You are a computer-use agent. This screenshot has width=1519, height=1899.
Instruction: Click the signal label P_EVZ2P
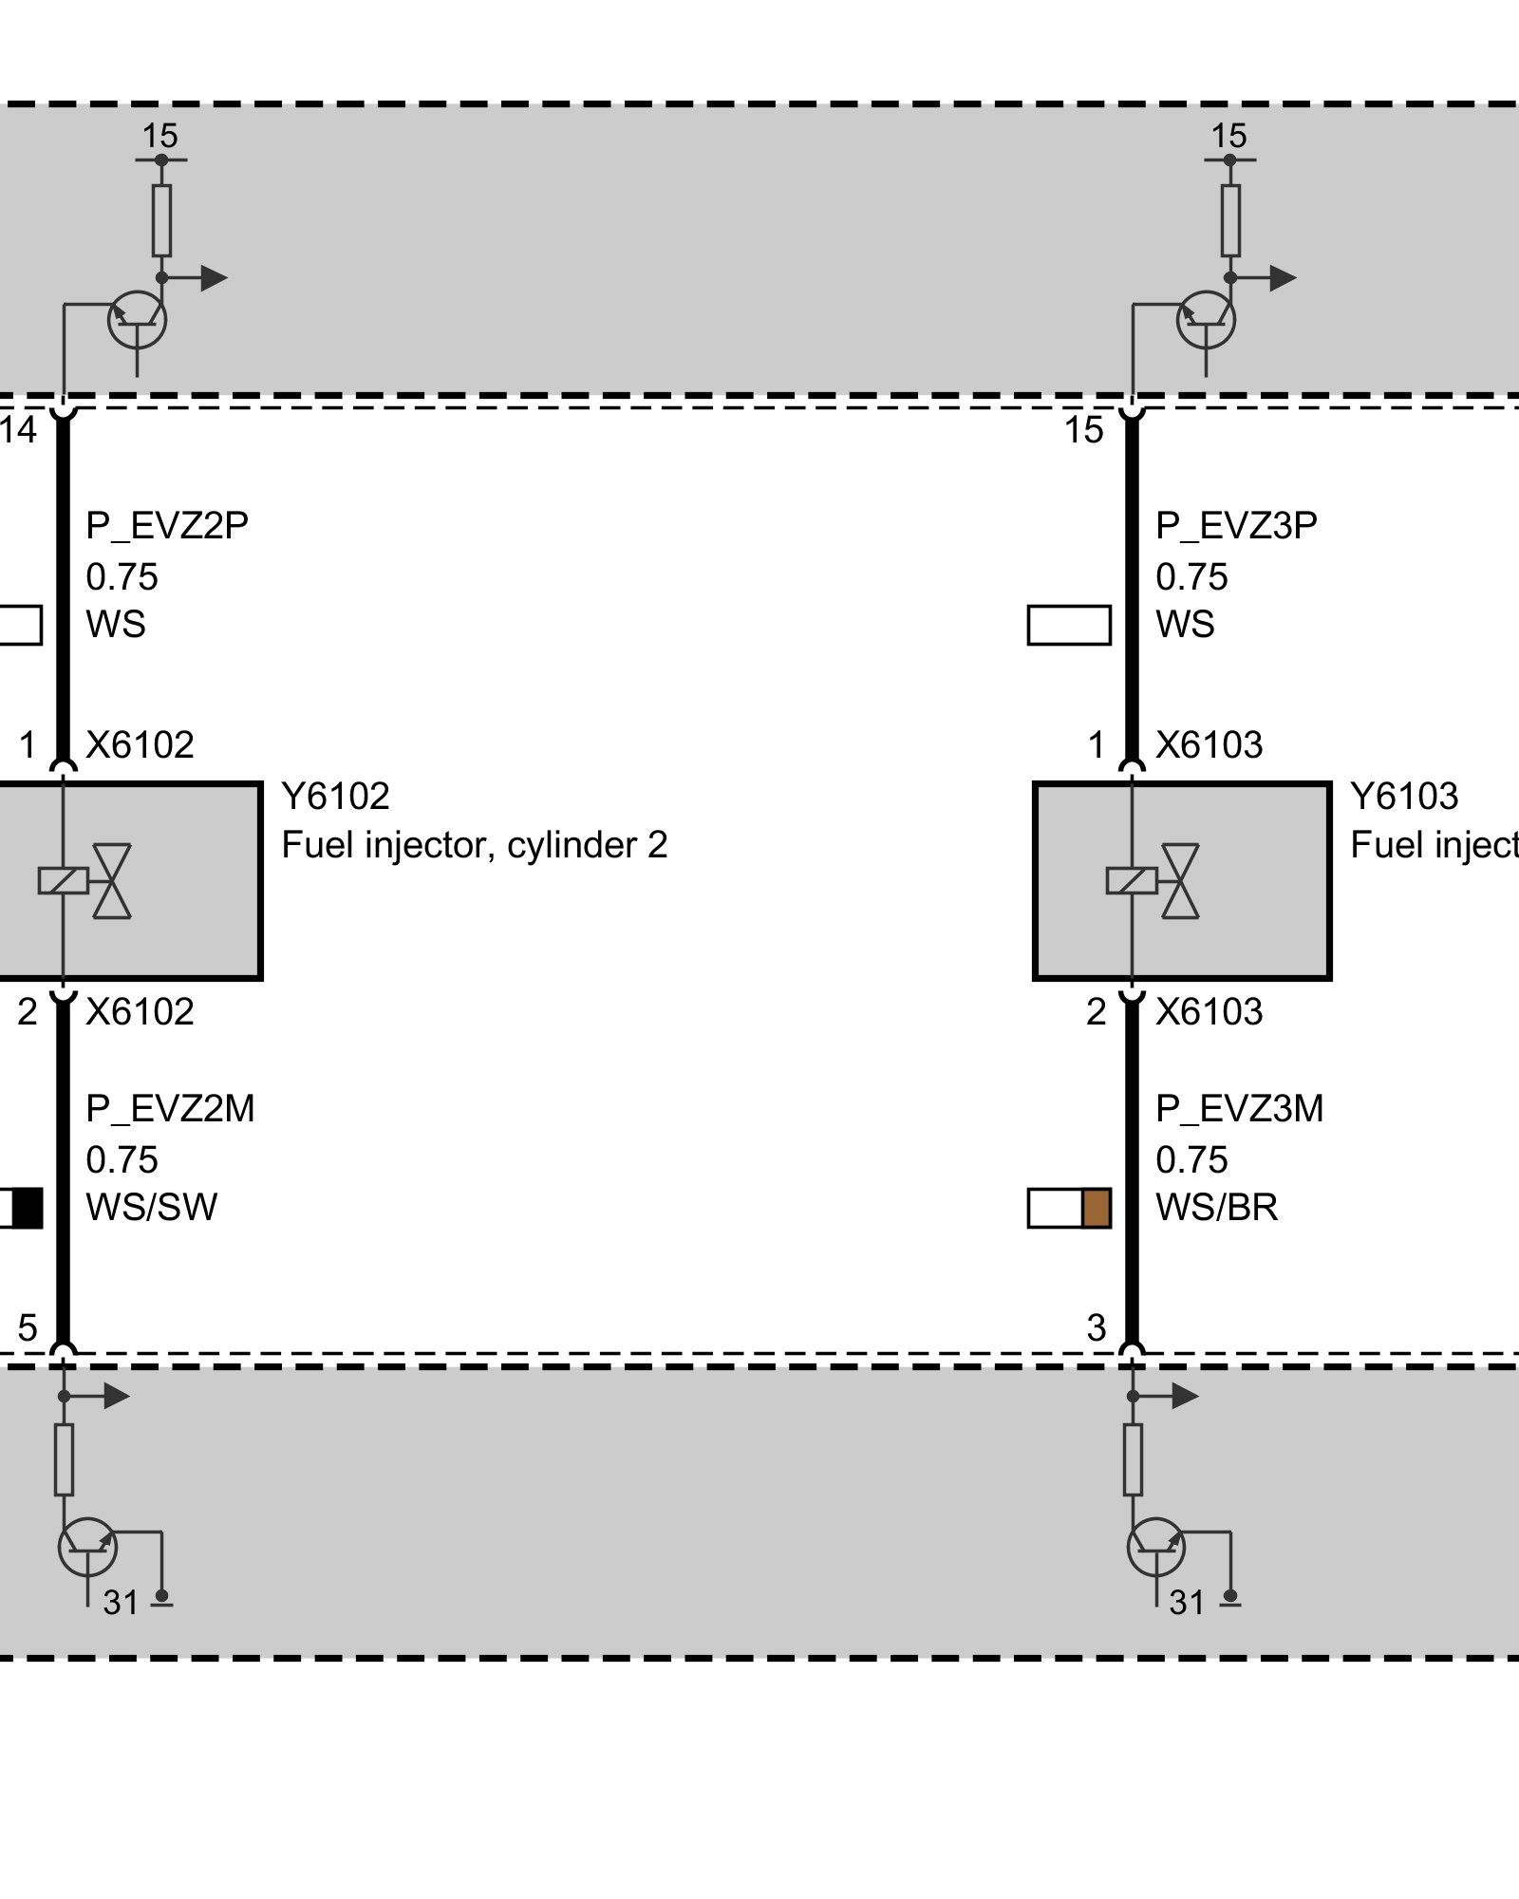click(x=167, y=525)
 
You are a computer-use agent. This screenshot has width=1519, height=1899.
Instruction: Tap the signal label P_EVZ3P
click(x=1236, y=525)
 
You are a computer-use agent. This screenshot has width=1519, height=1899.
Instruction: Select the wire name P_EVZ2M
click(x=170, y=1108)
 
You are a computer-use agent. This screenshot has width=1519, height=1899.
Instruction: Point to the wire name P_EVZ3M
click(x=1239, y=1108)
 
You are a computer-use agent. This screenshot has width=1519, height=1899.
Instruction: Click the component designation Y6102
click(x=335, y=796)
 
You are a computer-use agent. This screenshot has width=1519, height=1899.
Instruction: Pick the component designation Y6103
click(x=1403, y=796)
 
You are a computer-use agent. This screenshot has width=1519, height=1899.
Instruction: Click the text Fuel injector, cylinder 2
click(x=474, y=844)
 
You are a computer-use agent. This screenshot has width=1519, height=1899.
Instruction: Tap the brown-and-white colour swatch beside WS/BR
click(x=1069, y=1208)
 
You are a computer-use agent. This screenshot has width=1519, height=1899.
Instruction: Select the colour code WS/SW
click(x=152, y=1207)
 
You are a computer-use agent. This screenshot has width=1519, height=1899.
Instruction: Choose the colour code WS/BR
click(x=1216, y=1207)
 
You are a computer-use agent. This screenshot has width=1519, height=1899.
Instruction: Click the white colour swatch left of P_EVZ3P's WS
click(x=1069, y=625)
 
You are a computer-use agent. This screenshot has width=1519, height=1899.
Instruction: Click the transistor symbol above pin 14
click(x=138, y=320)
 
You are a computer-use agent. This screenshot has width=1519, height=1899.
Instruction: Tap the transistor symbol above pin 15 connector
click(x=1206, y=320)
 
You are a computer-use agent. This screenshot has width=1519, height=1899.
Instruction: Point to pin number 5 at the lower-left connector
click(x=28, y=1326)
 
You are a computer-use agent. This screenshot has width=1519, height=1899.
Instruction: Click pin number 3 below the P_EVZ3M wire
click(x=1097, y=1326)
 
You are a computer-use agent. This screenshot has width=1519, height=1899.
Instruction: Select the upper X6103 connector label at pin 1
click(x=1209, y=744)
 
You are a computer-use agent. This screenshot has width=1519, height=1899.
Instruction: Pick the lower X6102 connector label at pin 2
click(x=140, y=1011)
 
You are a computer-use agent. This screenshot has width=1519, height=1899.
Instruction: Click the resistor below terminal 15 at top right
click(x=1230, y=220)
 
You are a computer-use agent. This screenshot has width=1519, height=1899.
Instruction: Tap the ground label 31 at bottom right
click(x=1187, y=1602)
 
